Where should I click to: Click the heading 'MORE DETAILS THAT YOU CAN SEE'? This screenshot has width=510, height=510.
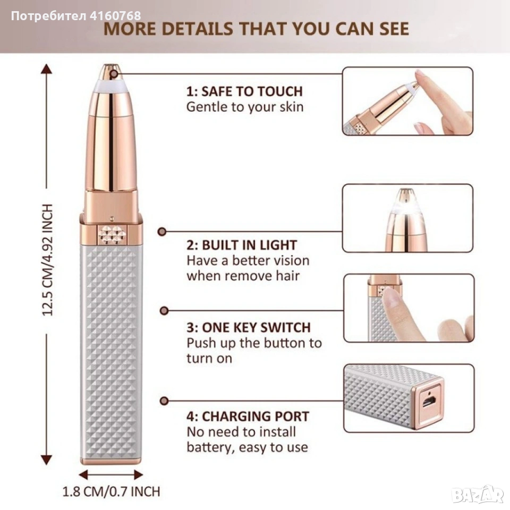[256, 29]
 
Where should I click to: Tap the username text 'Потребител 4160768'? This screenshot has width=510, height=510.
[76, 15]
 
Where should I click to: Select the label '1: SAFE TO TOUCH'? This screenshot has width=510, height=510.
[244, 91]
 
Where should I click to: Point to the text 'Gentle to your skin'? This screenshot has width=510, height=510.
[245, 107]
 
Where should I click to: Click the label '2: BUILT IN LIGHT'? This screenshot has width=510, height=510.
[242, 245]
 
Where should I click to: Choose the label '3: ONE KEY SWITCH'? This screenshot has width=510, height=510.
[249, 327]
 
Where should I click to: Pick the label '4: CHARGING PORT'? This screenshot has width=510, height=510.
[248, 416]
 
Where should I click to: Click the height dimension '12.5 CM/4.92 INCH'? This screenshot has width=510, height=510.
[47, 260]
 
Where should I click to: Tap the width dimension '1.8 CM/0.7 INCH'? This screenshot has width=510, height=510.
[111, 491]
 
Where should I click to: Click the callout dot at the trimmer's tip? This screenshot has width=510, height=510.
[114, 74]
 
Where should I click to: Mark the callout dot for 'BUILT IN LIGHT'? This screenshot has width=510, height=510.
[161, 232]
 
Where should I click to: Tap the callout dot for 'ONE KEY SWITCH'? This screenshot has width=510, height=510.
[164, 311]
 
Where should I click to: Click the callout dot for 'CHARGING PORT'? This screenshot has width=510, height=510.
[164, 401]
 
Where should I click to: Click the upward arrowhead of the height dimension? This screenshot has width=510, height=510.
[47, 69]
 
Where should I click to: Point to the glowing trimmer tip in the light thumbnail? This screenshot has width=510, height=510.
[405, 201]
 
